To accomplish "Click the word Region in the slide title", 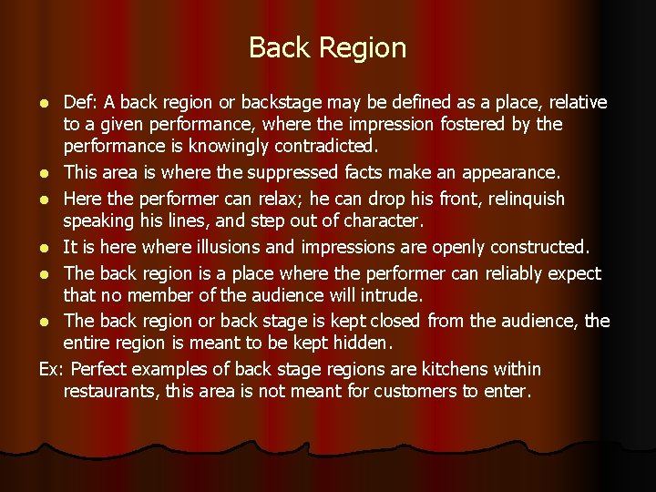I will (364, 48).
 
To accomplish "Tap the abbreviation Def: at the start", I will (80, 103).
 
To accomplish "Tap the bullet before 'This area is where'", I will (45, 173).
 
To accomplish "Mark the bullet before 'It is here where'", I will (45, 248).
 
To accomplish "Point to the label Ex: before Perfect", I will (52, 369).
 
